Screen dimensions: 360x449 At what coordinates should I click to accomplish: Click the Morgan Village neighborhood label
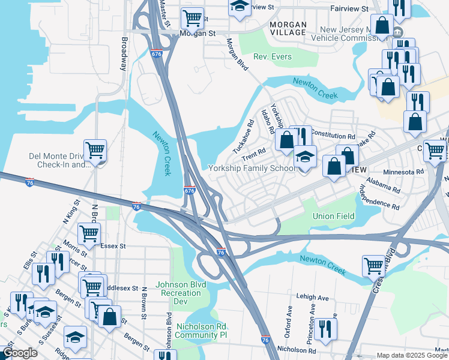[x=288, y=28]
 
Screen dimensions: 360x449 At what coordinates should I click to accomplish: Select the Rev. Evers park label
[x=273, y=57]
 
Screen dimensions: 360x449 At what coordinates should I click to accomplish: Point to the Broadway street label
[x=124, y=55]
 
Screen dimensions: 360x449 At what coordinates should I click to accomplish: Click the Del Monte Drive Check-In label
[x=59, y=161]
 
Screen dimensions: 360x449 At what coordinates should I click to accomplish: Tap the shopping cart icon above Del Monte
[x=95, y=150]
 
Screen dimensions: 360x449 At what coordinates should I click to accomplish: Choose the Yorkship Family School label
[x=252, y=168]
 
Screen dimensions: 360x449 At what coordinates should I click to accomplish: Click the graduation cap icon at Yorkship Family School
[x=305, y=157]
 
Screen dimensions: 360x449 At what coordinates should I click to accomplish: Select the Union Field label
[x=331, y=215]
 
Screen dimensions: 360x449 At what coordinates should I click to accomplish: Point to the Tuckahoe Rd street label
[x=243, y=136]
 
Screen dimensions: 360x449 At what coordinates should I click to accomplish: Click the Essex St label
[x=113, y=245]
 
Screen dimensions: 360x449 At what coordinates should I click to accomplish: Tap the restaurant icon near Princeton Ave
[x=325, y=329]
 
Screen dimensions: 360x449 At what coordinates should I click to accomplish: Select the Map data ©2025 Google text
[x=412, y=355]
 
